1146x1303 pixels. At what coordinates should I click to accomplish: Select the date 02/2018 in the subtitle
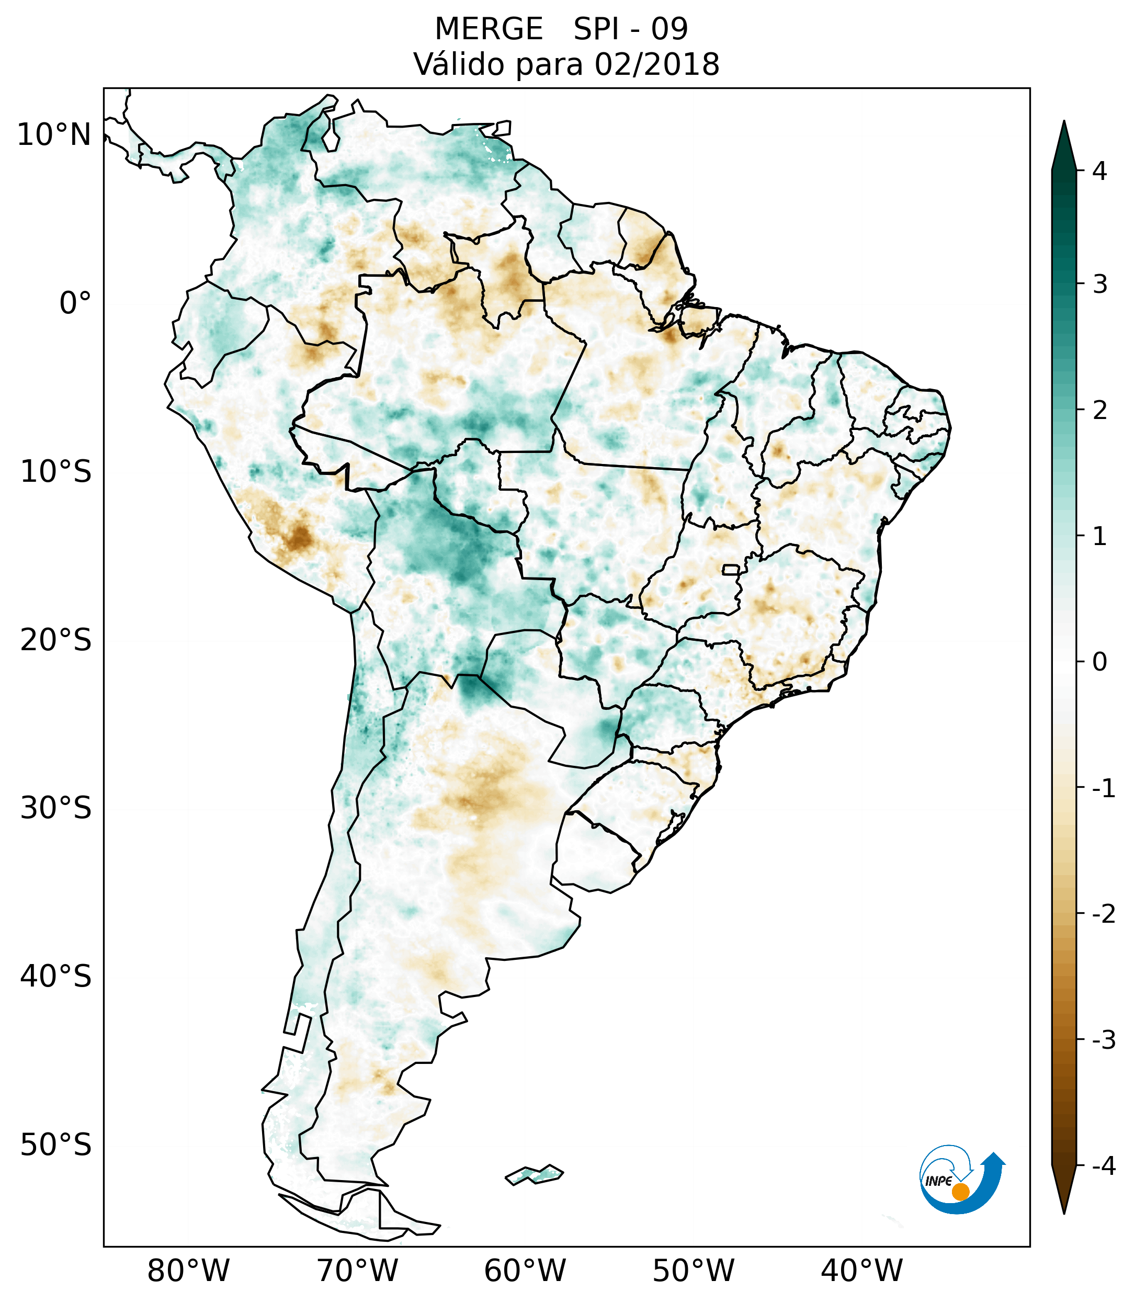[x=657, y=64]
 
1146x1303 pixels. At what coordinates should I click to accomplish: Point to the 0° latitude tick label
[x=75, y=303]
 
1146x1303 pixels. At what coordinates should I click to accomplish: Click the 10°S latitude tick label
[x=56, y=472]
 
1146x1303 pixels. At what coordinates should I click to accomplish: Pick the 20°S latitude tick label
[x=56, y=640]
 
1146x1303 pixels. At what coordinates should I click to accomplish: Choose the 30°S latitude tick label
[x=56, y=808]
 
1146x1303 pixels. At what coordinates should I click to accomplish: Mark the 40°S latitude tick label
[x=56, y=977]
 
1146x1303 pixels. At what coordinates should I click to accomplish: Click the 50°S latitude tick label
[x=56, y=1145]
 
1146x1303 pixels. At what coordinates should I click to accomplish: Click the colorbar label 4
[x=1099, y=171]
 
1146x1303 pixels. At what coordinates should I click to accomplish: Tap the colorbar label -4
[x=1103, y=1166]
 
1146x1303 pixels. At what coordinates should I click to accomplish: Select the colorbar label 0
[x=1099, y=662]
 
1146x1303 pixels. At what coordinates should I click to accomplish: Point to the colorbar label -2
[x=1103, y=915]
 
